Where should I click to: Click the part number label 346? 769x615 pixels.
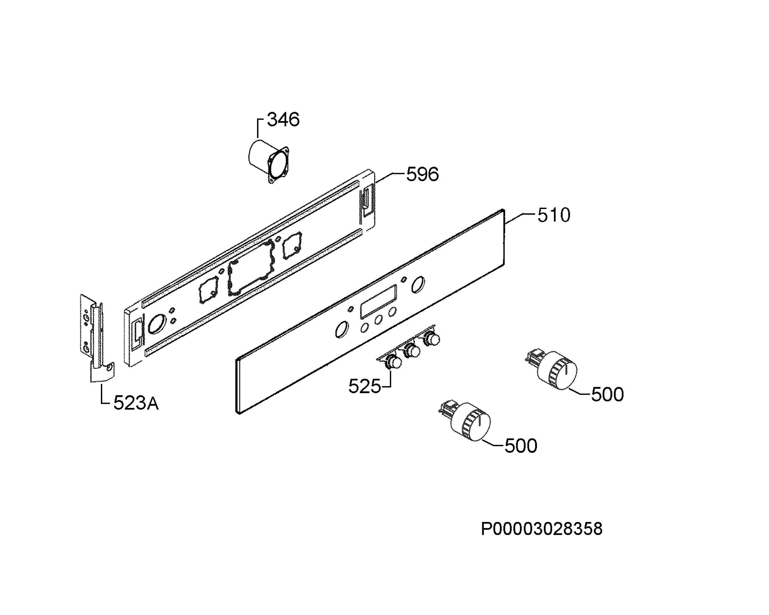coord(283,120)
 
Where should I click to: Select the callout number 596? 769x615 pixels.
coord(422,174)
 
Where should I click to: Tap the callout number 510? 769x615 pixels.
coord(554,215)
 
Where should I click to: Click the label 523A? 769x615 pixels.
coord(136,403)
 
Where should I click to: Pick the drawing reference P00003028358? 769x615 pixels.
coord(542,529)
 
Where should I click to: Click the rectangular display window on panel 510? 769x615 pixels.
coord(378,302)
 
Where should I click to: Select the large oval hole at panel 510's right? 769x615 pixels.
coord(418,285)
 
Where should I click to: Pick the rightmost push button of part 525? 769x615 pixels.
coord(432,339)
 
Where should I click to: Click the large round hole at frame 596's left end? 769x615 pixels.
coord(157,324)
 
